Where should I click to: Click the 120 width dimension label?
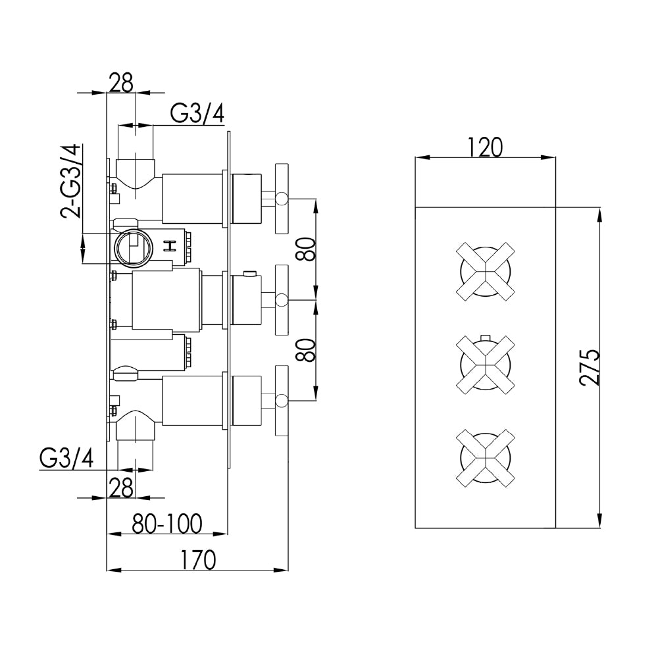click(x=486, y=146)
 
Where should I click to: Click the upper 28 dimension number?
click(x=120, y=83)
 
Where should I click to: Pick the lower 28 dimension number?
click(x=120, y=487)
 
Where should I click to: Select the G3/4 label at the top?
click(x=197, y=114)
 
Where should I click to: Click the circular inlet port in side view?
click(x=134, y=248)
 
